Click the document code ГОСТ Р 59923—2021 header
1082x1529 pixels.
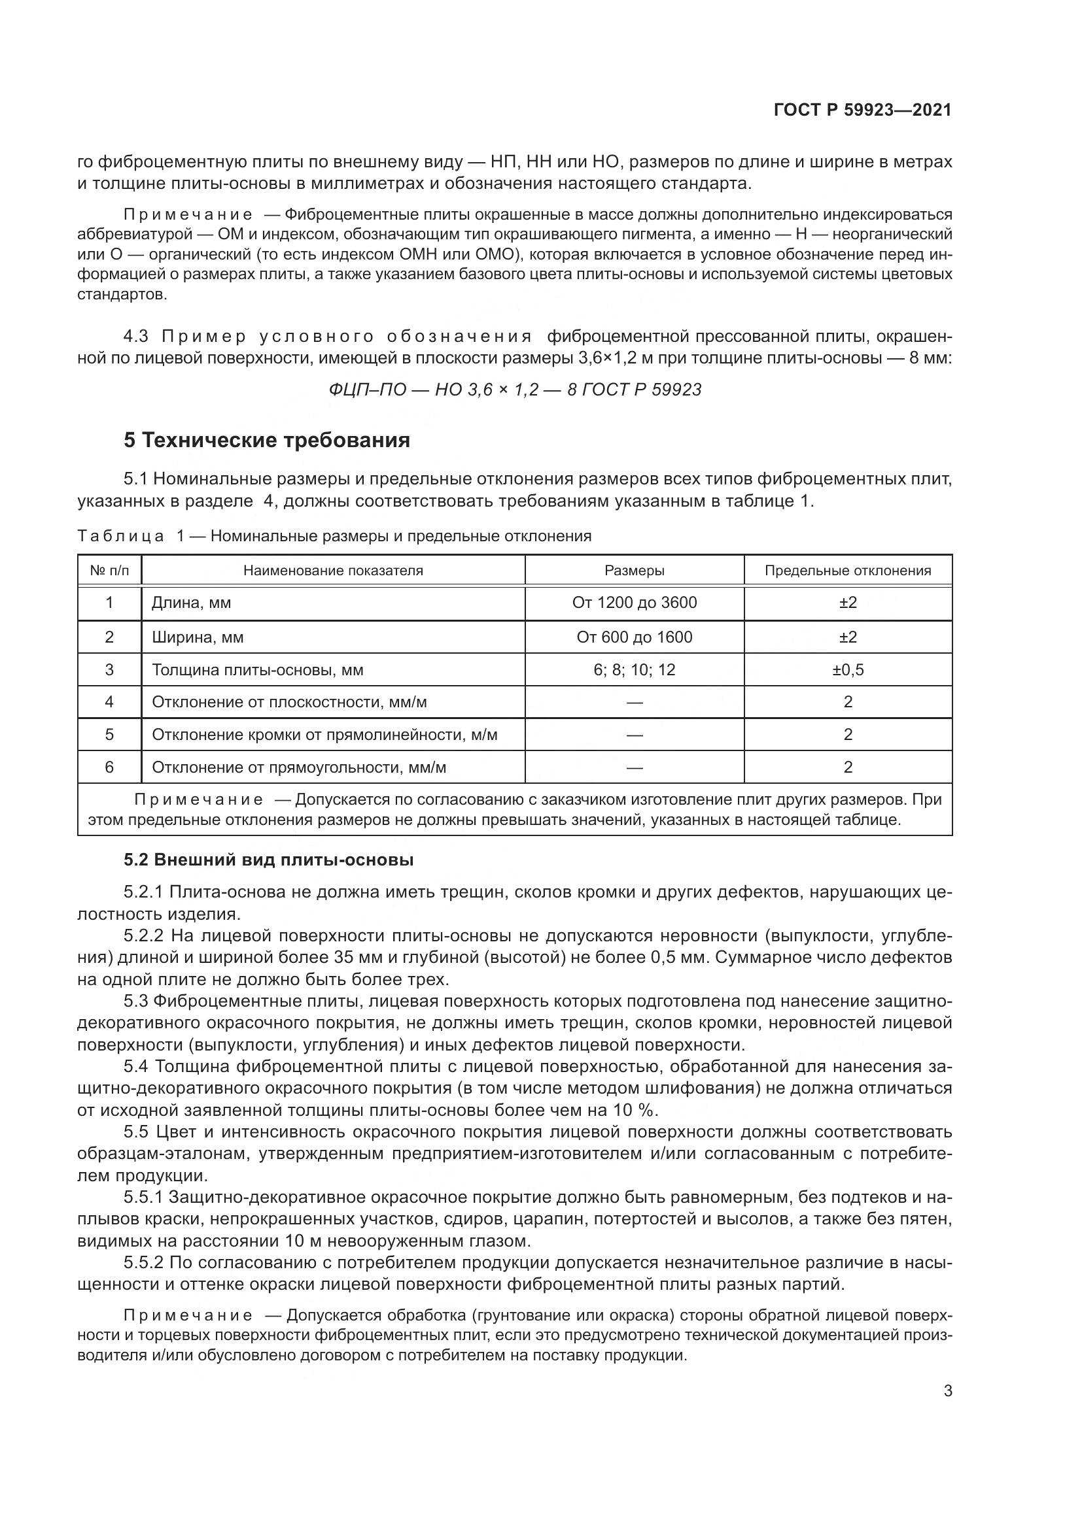click(862, 110)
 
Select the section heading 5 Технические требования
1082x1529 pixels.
click(266, 440)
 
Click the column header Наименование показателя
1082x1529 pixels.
click(333, 571)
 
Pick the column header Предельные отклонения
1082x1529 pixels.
click(847, 571)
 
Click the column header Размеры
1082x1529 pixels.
click(635, 571)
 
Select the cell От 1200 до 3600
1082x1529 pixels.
click(635, 603)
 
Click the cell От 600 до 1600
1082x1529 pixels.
click(635, 637)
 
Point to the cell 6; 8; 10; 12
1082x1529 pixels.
click(635, 670)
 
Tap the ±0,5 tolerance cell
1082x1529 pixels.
click(847, 670)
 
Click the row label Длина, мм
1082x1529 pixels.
click(191, 603)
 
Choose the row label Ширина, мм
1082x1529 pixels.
click(198, 637)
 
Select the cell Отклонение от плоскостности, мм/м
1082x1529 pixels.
click(289, 702)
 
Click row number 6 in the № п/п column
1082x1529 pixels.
click(109, 767)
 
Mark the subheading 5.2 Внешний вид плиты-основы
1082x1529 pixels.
click(268, 860)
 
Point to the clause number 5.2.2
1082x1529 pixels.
click(143, 935)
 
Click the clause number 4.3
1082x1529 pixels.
click(137, 336)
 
